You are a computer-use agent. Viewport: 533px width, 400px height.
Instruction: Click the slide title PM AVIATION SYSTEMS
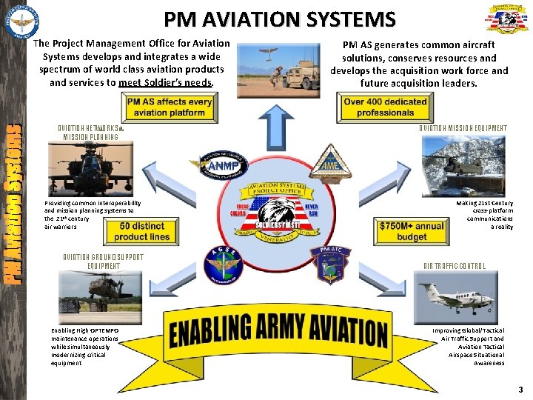[279, 18]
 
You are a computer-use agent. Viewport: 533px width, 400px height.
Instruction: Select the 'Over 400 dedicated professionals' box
[385, 107]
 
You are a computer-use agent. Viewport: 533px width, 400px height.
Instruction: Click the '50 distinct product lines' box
[142, 232]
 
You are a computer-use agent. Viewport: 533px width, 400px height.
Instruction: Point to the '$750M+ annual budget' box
[411, 232]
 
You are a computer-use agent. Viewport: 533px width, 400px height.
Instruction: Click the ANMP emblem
[212, 165]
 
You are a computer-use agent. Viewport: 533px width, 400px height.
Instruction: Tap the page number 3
[520, 390]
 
